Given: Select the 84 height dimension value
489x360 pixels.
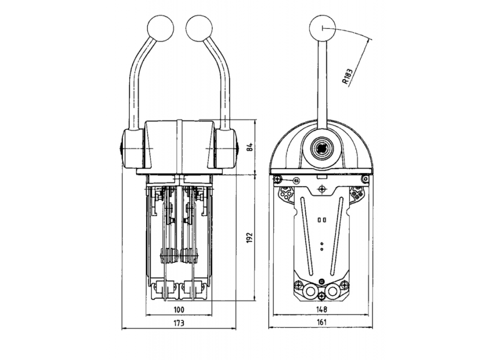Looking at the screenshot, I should click(250, 147).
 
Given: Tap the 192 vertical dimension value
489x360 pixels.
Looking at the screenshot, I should click(250, 238).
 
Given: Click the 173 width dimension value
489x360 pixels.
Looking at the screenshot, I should click(178, 323).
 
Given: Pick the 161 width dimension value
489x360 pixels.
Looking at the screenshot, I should click(321, 323).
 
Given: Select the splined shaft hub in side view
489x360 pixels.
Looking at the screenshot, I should click(322, 148).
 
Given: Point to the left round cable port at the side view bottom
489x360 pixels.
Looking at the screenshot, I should click(309, 292).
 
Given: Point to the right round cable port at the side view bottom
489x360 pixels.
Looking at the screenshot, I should click(334, 292).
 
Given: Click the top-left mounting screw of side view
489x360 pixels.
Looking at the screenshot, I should click(278, 178).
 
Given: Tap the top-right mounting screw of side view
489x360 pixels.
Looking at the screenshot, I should click(365, 178).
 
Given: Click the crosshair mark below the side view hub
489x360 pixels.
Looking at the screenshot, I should click(322, 189).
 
